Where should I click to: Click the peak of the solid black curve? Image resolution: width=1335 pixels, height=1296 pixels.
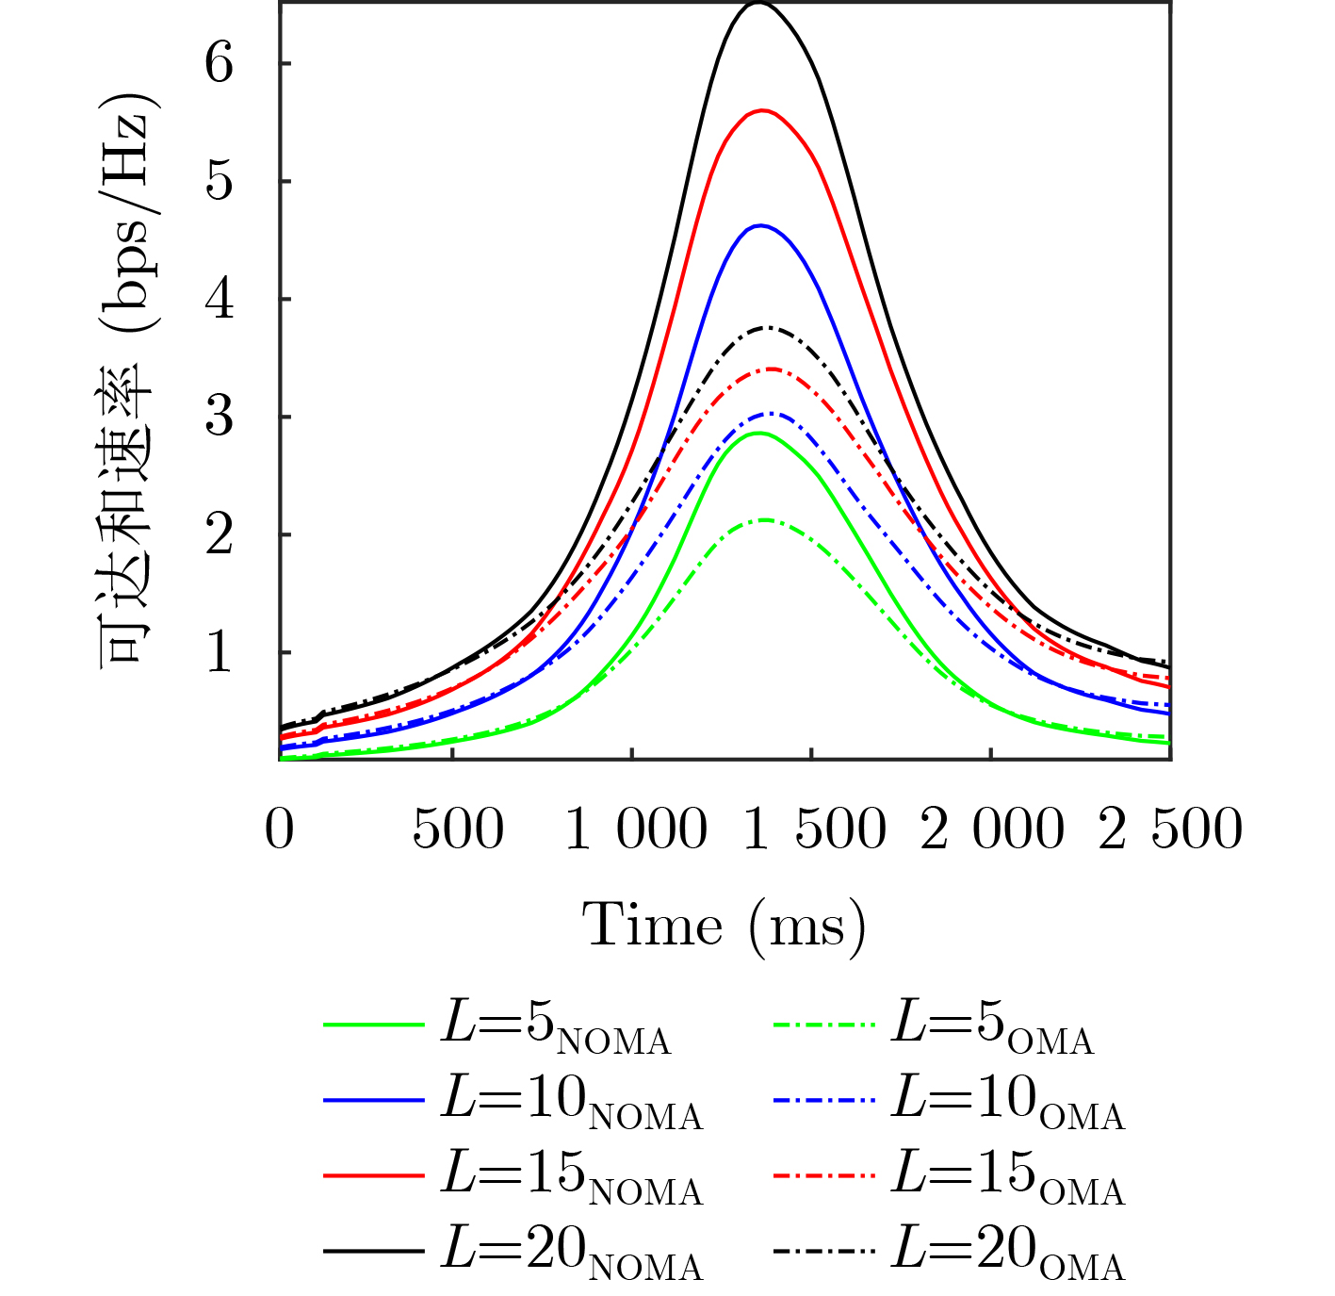point(758,5)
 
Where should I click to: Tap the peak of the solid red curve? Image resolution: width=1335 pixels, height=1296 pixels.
point(761,111)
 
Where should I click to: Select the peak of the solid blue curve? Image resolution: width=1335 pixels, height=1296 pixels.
point(759,226)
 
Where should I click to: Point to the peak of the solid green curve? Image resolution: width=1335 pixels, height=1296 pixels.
point(759,434)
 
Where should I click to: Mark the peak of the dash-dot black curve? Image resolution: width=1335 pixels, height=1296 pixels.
point(767,328)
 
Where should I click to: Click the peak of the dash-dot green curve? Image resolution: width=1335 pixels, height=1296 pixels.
point(765,520)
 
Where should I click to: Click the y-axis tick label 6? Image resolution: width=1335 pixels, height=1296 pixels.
point(219,64)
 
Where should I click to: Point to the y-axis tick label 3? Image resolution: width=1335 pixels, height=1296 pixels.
point(219,417)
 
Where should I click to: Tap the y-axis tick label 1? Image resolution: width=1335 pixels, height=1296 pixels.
point(219,652)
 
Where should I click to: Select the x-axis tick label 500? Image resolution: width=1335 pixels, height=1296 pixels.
point(458,829)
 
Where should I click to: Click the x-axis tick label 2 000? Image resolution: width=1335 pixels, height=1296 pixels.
point(992,829)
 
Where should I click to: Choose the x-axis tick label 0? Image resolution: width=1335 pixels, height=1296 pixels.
point(280,829)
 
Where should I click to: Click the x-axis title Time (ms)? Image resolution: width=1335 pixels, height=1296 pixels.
point(724,926)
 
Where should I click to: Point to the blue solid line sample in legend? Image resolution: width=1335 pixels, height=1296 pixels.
point(374,1100)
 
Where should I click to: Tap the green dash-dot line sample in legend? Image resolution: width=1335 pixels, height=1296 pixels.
point(823,1025)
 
